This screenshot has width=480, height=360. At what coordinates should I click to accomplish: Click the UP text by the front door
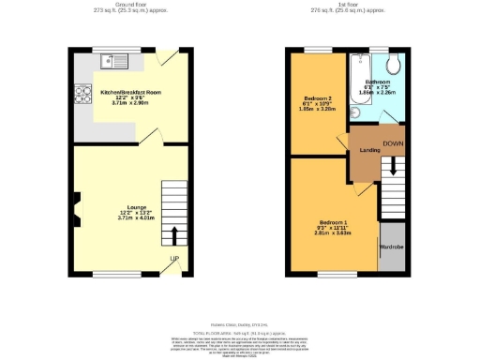click(x=174, y=258)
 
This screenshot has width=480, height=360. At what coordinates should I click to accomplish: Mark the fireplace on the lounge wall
click(x=77, y=200)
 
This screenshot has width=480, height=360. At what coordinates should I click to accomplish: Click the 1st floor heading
click(x=349, y=5)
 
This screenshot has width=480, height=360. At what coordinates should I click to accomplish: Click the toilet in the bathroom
click(x=395, y=64)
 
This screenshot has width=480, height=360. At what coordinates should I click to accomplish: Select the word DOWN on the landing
click(x=394, y=143)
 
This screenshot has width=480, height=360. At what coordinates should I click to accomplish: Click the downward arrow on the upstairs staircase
click(x=394, y=165)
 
